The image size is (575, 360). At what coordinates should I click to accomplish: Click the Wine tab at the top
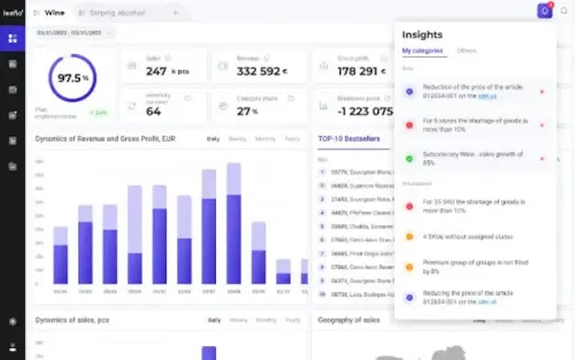(x=54, y=13)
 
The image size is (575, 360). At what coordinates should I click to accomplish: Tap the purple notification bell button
(x=545, y=11)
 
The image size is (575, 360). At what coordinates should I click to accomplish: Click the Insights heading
(x=422, y=34)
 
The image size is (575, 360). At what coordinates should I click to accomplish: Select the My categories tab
(x=423, y=51)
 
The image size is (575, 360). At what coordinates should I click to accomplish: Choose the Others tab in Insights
(x=466, y=51)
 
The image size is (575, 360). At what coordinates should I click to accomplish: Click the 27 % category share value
(x=247, y=111)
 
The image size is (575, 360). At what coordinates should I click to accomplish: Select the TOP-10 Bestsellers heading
(x=348, y=138)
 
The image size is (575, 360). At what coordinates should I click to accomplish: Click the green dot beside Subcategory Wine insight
(x=409, y=158)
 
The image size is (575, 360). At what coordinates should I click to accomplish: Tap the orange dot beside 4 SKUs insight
(x=409, y=237)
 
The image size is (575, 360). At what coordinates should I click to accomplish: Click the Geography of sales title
(x=349, y=320)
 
